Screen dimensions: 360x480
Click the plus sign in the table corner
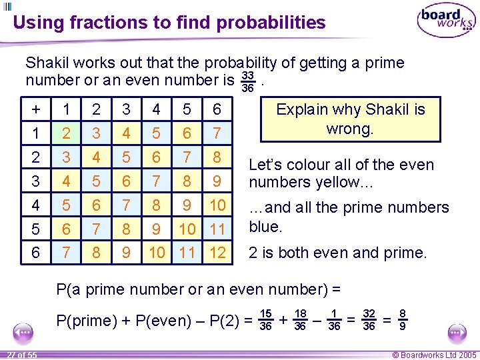[35, 109]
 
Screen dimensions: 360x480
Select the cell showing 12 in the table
[217, 253]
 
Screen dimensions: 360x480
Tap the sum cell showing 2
[65, 133]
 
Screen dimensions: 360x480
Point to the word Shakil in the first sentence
[47, 63]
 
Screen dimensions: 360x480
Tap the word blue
[266, 227]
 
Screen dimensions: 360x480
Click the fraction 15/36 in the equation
[265, 320]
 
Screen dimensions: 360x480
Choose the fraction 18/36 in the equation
[300, 320]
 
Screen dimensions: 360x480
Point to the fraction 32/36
[368, 320]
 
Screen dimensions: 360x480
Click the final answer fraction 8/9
[402, 320]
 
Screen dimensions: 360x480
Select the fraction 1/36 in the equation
[334, 320]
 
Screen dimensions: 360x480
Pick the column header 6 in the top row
[217, 109]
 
